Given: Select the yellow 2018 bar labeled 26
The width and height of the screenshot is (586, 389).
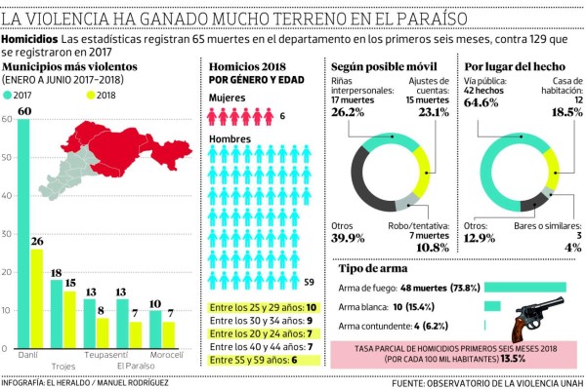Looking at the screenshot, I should (x=36, y=298).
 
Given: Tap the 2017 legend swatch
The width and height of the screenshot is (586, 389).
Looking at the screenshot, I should (x=9, y=95).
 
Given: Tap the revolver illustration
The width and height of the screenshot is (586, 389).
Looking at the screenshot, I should (x=533, y=318).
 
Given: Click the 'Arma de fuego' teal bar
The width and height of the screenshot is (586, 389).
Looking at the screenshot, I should (x=525, y=288).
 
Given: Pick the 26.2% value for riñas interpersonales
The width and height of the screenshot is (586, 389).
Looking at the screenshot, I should (x=351, y=112).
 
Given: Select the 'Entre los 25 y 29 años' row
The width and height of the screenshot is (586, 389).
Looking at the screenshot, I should (x=260, y=306).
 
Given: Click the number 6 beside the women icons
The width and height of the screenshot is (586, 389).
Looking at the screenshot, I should (x=282, y=116).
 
